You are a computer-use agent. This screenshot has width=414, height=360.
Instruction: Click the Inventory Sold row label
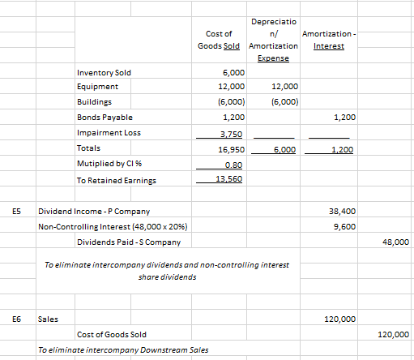tap(103, 73)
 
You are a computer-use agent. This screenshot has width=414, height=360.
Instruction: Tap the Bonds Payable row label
tap(101, 118)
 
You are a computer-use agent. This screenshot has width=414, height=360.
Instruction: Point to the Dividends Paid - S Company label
tap(128, 242)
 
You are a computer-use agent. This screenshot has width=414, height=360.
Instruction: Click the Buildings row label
tap(95, 103)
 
